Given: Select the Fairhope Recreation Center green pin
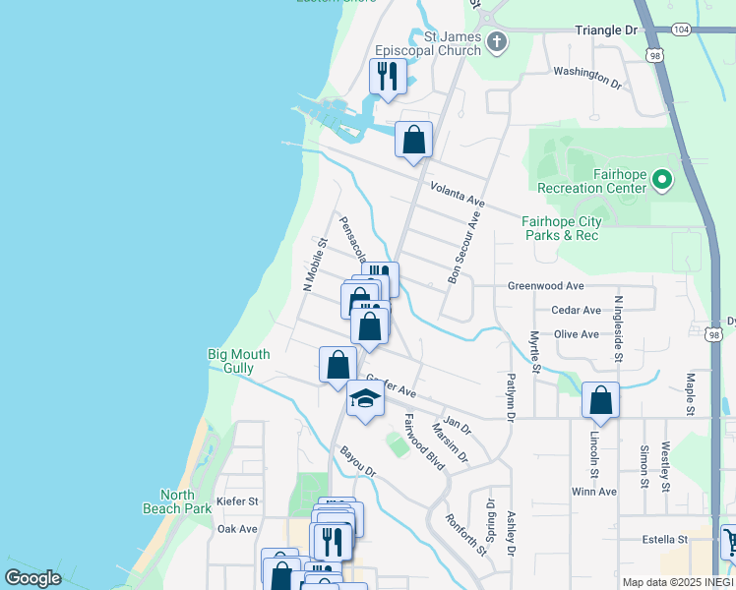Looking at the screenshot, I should point(662,180).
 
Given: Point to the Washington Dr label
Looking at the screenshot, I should point(587,78).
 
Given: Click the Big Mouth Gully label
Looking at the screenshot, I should point(230,361).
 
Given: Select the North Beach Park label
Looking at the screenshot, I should point(185,501).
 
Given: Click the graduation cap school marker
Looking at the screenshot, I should point(365,400).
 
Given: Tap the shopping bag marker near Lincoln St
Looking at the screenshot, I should point(599,400).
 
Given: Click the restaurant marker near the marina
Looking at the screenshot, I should point(387,76).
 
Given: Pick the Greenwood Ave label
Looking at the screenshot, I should point(545,286).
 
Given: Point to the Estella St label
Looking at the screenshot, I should point(666,540).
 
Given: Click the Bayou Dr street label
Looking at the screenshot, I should point(358,461).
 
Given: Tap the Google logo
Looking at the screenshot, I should point(33,578).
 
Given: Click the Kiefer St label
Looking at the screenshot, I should point(237,501).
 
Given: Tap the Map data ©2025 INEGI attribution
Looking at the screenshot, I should point(677,582).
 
